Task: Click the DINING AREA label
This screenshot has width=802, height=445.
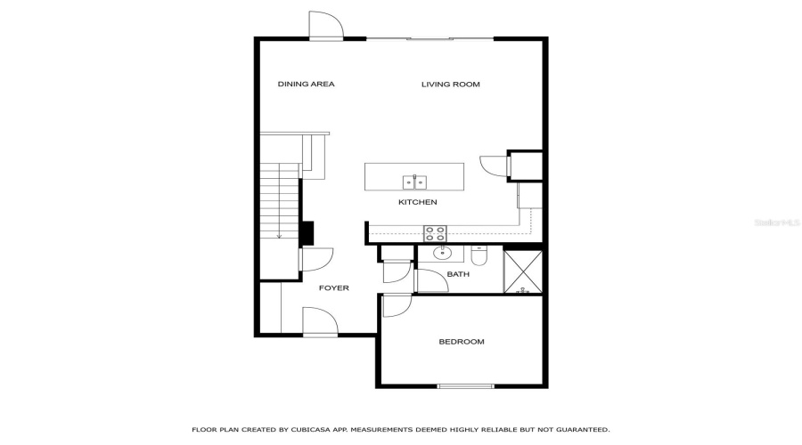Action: click(306, 85)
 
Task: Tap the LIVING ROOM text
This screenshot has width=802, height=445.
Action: click(450, 85)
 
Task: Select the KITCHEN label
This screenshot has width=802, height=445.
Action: click(417, 203)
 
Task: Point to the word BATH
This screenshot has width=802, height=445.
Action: click(458, 274)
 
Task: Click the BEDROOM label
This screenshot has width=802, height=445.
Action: click(462, 342)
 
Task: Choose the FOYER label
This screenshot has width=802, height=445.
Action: click(334, 288)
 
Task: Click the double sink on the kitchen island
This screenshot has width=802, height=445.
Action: click(414, 182)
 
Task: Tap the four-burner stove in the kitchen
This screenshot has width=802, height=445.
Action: click(435, 233)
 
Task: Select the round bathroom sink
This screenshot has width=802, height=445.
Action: click(443, 254)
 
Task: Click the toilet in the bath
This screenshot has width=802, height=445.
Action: click(479, 257)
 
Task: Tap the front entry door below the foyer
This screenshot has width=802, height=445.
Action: click(320, 321)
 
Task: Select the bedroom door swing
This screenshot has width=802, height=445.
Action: click(397, 305)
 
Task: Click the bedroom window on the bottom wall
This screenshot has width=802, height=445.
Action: click(465, 386)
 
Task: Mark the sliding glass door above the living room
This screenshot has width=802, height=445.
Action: click(430, 38)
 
